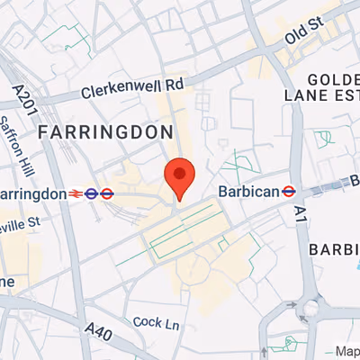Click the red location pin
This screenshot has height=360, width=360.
179,177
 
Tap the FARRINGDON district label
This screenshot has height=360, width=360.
105,132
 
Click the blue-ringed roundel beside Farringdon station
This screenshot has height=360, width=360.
91,192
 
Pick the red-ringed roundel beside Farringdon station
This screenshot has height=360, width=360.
106,192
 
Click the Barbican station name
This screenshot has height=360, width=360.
247,191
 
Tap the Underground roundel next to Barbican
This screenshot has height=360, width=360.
290,191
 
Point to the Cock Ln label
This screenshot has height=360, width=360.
149,321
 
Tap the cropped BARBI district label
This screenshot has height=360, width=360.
334,248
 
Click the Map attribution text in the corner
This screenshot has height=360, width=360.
346,350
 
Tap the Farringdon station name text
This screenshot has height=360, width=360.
32,193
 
